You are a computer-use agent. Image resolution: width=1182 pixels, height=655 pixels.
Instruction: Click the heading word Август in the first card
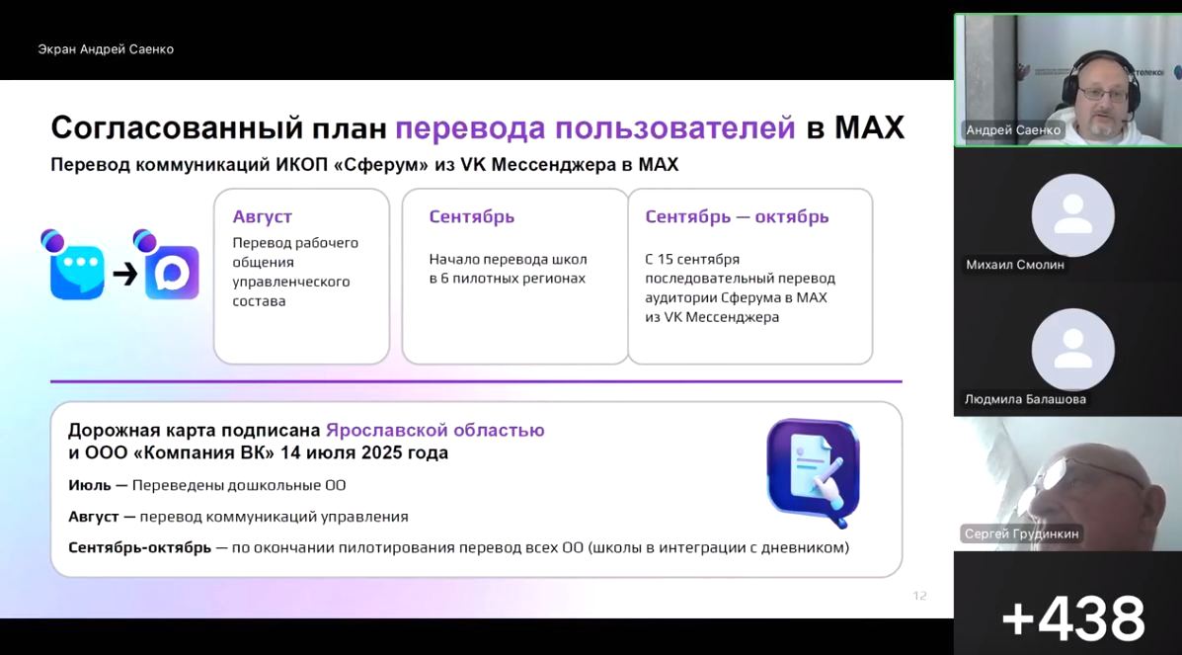point(263,217)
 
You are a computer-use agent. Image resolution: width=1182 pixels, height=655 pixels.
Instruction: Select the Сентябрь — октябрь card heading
point(737,216)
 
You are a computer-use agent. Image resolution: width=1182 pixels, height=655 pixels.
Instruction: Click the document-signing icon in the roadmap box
point(813,471)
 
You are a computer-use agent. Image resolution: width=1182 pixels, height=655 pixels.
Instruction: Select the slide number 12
point(919,596)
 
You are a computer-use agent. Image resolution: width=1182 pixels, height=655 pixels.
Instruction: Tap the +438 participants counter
point(1073,618)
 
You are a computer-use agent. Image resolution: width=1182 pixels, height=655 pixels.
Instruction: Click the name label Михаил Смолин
point(1015,266)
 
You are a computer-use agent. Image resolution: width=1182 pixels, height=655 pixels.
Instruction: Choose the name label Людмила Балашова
point(1025,399)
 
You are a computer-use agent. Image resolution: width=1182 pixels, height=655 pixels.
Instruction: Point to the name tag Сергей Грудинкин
point(1021,533)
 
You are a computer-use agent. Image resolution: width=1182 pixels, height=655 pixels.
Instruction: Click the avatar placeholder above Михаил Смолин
point(1072,215)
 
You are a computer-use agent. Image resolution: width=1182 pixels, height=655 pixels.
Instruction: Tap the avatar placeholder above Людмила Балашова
point(1072,350)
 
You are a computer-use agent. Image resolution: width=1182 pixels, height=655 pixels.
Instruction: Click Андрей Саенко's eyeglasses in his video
point(1103,94)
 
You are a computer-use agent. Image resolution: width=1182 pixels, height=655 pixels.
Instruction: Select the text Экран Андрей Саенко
point(106,49)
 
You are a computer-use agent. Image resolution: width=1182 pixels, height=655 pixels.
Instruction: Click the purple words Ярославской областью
point(434,430)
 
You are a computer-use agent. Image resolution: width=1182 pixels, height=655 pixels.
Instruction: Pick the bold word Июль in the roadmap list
point(90,485)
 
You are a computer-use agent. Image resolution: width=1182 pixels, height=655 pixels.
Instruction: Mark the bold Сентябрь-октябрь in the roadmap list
point(139,547)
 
